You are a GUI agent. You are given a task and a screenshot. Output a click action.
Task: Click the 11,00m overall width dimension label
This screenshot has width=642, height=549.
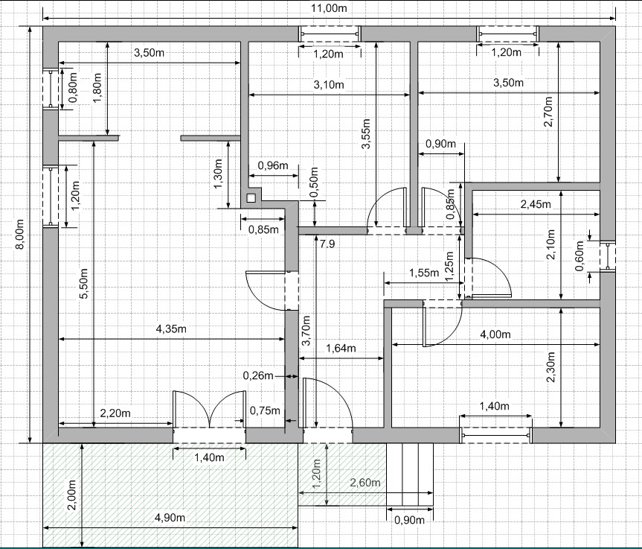coord(330,8)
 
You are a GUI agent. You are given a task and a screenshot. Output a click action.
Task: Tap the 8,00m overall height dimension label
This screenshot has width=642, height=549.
coord(19,234)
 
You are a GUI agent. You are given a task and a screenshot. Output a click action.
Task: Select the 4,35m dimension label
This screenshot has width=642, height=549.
coord(171,329)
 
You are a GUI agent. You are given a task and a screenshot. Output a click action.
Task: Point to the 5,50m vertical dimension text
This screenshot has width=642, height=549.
coord(83,284)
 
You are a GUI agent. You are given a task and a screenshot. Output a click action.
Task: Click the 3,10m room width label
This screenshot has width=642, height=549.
coord(329,85)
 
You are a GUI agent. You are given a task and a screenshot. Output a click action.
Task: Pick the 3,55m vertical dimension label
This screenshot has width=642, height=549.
coord(366,133)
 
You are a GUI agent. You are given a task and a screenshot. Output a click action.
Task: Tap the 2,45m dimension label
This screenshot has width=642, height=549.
coord(536,204)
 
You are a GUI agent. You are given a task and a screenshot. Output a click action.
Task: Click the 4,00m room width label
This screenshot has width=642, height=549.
coord(495,334)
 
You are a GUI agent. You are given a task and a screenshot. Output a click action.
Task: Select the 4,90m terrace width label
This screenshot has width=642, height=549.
coord(170,518)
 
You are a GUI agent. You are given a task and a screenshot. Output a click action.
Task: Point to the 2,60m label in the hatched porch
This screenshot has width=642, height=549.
coord(365,483)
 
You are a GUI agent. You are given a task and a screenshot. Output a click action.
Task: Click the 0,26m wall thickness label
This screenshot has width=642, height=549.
coord(258,375)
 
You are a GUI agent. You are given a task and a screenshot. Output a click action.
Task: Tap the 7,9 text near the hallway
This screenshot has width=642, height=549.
coord(327,244)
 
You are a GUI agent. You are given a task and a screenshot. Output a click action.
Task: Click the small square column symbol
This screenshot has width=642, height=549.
coord(251,198)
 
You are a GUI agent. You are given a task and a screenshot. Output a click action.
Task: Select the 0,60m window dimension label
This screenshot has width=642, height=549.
coord(580,256)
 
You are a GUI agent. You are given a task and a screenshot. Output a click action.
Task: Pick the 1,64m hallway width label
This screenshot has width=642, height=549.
coord(341,348)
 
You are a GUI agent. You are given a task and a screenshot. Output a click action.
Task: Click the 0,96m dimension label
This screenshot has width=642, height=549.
coord(273,165)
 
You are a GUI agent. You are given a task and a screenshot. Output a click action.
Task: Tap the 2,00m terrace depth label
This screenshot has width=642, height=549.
coord(71,495)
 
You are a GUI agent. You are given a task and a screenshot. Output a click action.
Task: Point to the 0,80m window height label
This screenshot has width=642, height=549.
coord(73,88)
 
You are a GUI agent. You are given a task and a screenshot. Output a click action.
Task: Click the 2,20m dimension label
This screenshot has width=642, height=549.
coord(115,413)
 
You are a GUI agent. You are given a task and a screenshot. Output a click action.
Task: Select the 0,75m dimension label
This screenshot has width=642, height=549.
coord(265,410)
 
